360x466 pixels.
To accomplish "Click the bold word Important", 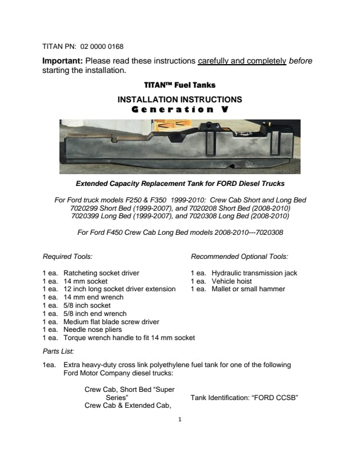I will [63, 61].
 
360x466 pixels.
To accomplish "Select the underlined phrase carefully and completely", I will [242, 61].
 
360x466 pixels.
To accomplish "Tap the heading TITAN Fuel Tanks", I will [180, 85].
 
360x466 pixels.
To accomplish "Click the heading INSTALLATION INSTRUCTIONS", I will [180, 100].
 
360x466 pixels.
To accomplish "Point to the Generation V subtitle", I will [180, 109].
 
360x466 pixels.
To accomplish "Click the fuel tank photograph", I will [180, 147].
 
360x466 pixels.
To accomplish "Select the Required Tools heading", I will [68, 257].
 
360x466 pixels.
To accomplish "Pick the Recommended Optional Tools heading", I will [239, 257].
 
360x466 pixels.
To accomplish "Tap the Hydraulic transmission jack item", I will [254, 273].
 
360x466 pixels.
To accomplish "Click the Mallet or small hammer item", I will [248, 289].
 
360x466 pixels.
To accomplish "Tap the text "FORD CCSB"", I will [275, 398].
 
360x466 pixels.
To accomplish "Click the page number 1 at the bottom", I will [180, 420].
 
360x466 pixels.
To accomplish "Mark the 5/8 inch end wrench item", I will [95, 314].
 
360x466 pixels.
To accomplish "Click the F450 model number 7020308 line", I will [180, 232].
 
